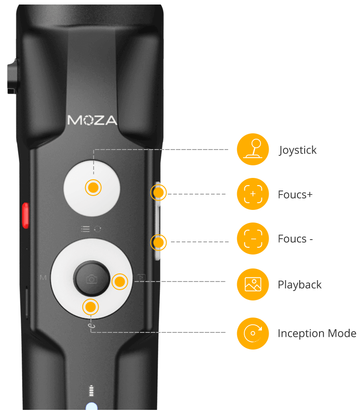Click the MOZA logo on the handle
(x=92, y=120)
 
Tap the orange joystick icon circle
(x=253, y=150)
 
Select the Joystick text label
(x=298, y=150)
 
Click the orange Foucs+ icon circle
(x=253, y=194)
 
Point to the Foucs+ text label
(x=295, y=195)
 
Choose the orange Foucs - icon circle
(x=253, y=239)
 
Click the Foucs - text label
(x=295, y=239)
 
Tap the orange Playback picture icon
(x=253, y=284)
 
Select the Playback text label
(x=300, y=285)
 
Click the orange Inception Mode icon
(x=253, y=333)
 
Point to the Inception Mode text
(x=317, y=334)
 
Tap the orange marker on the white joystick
(x=93, y=188)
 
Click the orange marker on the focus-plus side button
(x=158, y=193)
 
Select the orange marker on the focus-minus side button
(x=158, y=243)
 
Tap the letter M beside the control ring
(x=43, y=277)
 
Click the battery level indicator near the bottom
(x=92, y=390)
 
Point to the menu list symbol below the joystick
(x=85, y=229)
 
